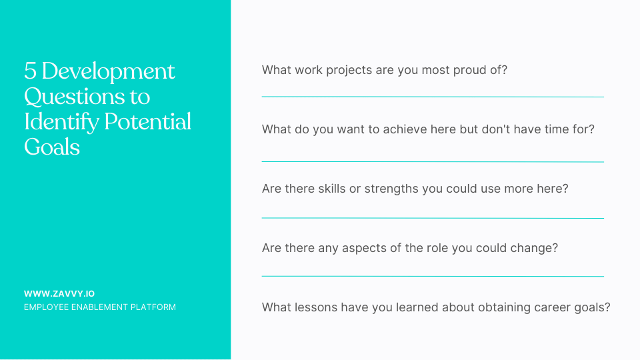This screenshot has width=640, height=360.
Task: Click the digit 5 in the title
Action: tap(30, 71)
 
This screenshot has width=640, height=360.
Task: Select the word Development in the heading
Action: tap(108, 71)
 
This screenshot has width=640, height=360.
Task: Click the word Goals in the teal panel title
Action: tap(52, 147)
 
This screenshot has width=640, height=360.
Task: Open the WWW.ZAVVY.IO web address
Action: tap(59, 293)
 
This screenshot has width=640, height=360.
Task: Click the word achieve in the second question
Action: tap(409, 129)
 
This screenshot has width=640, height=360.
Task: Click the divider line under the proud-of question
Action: tap(433, 97)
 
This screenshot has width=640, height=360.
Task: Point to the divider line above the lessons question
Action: tap(433, 276)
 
